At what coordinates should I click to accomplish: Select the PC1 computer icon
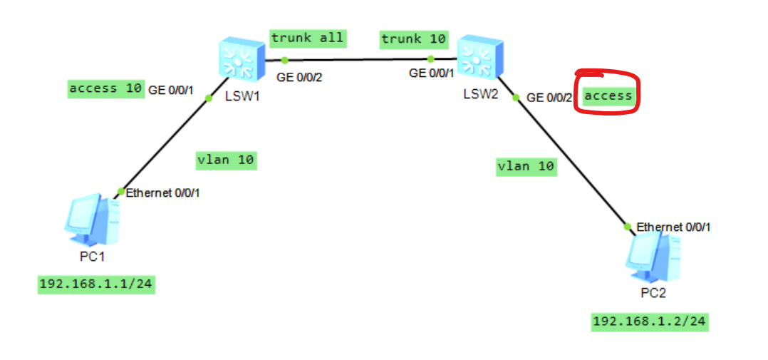coord(93,220)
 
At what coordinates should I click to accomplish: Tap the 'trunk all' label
coord(308,38)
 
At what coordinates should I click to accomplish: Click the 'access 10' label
coord(105,88)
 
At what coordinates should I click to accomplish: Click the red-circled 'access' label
coord(608,96)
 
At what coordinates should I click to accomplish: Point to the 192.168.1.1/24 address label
coord(96,284)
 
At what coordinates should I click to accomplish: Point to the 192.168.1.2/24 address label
coord(650,322)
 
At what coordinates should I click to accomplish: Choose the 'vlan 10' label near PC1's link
coord(226,160)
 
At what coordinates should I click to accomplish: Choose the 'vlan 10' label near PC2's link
coord(526,166)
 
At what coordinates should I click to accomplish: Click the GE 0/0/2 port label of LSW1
coord(299,78)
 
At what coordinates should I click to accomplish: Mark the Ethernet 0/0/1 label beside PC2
coord(673,227)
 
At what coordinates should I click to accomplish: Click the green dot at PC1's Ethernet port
coord(120,192)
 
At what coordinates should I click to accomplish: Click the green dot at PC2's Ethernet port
coord(628,227)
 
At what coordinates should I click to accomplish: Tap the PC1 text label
coord(91,256)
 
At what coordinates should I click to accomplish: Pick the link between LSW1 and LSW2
coord(356,60)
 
